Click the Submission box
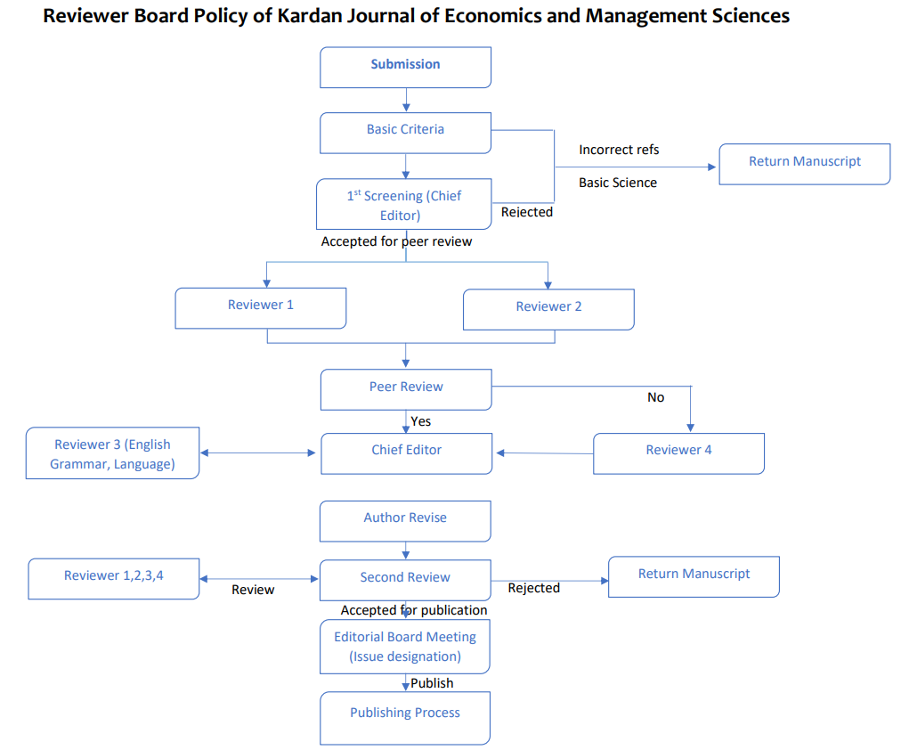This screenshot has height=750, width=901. coord(406,67)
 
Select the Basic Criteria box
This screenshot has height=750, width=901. coord(406,133)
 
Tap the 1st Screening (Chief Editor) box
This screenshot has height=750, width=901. coord(404,204)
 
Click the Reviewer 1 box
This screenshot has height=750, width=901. coord(261,308)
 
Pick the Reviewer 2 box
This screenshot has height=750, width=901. coord(548,309)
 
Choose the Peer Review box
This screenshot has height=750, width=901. coord(406,389)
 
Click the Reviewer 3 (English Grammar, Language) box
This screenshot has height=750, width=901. coord(112,452)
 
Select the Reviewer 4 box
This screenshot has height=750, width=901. coord(678,453)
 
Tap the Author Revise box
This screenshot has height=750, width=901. coord(406,521)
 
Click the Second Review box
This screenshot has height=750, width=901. coord(406,581)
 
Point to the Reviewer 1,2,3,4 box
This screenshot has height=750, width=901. coord(114,579)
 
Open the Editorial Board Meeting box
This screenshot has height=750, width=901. coord(405,647)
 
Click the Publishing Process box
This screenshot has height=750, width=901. coord(405,718)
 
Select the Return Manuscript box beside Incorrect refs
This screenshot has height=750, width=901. coord(805,165)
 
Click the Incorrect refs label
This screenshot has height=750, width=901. coord(619,150)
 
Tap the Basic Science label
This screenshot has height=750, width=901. coord(618,183)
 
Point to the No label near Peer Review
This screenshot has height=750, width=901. coord(655,397)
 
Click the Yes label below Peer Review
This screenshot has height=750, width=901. coord(420,421)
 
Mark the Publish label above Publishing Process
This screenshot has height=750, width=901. coord(432,683)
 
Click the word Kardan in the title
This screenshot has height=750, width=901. coord(312,16)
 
